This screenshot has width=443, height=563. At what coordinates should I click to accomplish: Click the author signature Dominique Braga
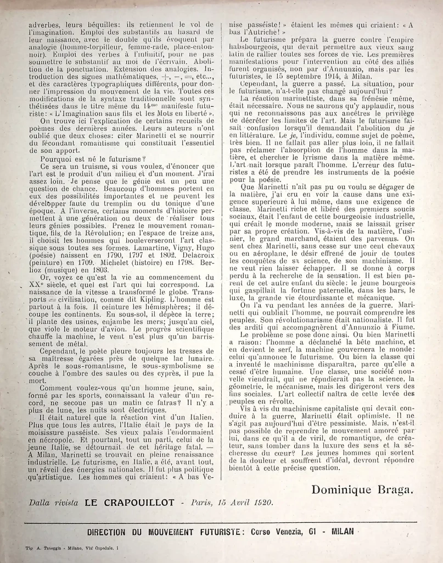tap(364, 489)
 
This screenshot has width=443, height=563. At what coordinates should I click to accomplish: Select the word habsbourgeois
tap(249, 48)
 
